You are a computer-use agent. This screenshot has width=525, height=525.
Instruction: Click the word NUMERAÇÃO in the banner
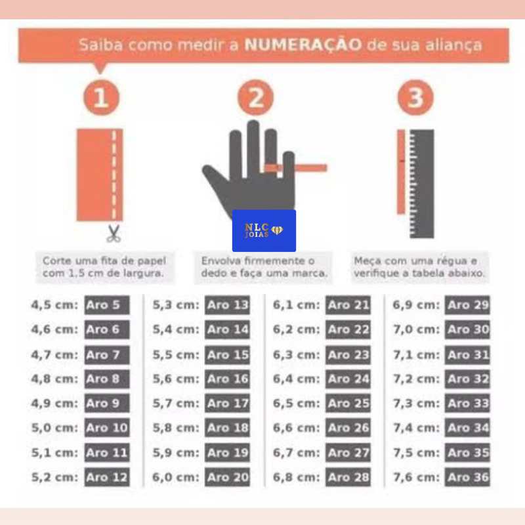[303, 45]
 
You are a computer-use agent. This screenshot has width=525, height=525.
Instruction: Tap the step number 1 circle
[102, 98]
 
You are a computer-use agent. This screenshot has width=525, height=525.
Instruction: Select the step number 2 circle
[255, 98]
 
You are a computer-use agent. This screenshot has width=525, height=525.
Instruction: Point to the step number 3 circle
[415, 98]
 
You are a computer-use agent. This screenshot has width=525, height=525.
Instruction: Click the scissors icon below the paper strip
[114, 234]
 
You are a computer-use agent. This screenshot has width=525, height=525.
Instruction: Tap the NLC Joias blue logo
[264, 231]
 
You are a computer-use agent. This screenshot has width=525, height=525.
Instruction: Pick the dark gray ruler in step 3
[422, 184]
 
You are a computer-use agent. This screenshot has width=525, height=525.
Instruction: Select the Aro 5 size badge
[107, 305]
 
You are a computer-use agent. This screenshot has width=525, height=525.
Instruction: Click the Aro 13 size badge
[227, 305]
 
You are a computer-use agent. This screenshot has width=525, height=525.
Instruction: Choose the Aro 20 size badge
[227, 477]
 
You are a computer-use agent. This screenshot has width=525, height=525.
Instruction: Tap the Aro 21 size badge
[348, 305]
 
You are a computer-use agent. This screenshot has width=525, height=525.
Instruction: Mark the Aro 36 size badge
[467, 477]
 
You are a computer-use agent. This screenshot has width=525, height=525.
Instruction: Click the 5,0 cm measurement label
[54, 428]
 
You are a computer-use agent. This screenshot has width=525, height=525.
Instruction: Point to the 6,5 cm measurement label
[297, 403]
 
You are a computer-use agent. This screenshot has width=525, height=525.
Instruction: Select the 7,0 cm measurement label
[417, 329]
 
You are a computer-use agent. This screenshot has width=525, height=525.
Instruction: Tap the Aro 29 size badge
[467, 305]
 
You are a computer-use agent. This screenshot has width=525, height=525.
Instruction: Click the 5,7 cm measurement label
[176, 403]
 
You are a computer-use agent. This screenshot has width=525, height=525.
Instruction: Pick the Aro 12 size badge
[107, 477]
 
